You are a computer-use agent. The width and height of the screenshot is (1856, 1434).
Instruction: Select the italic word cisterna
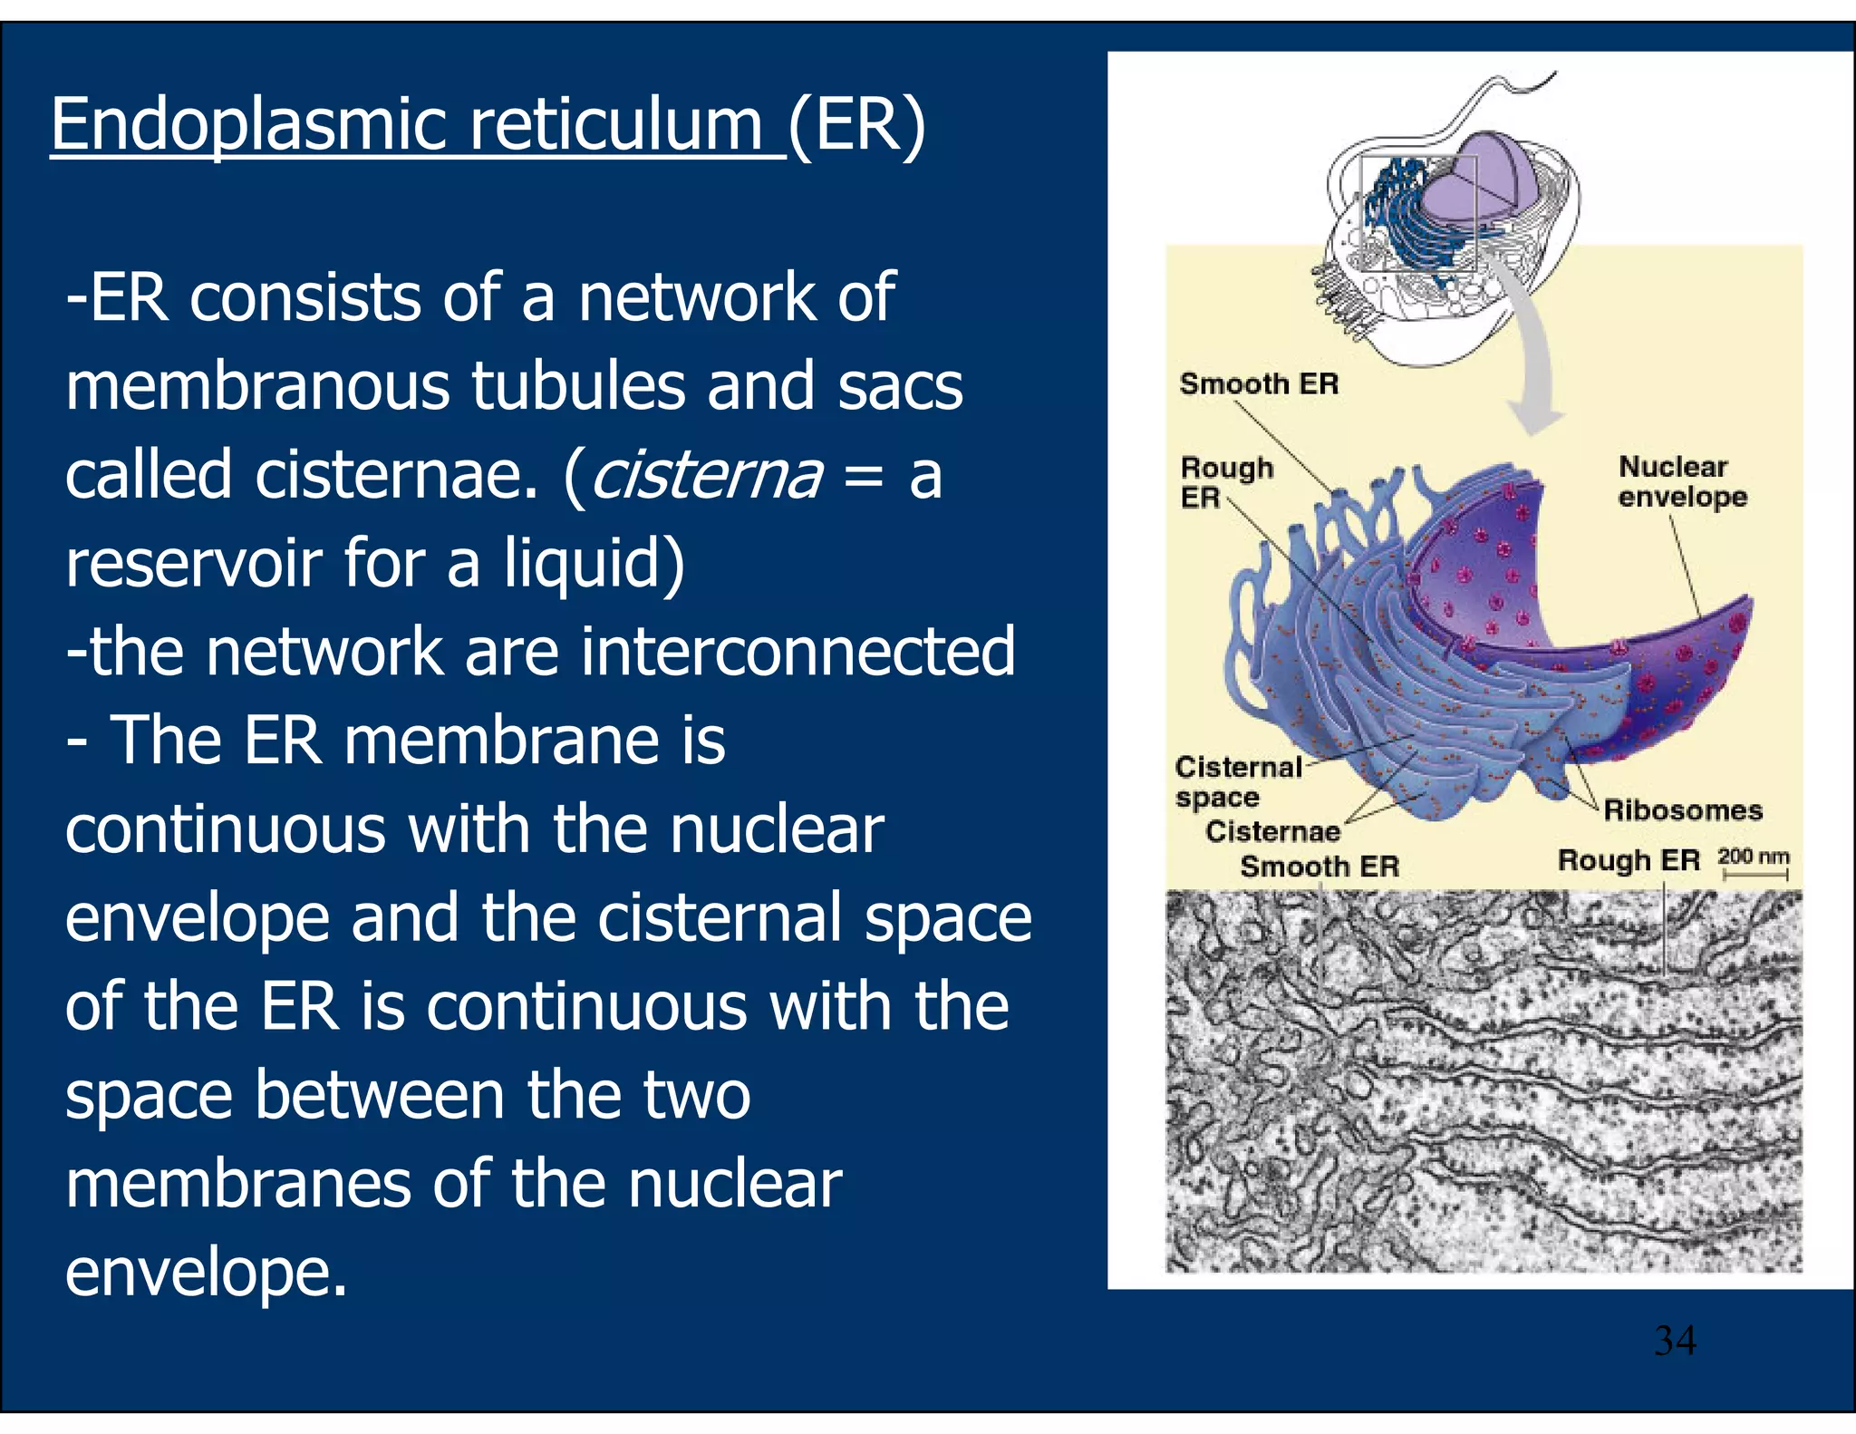tap(707, 475)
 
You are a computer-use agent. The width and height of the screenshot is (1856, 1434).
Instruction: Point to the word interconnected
tap(797, 652)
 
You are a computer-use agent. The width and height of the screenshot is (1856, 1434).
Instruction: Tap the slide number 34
tap(1675, 1340)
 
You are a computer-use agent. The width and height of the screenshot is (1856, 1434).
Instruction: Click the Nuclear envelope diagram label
tap(1681, 481)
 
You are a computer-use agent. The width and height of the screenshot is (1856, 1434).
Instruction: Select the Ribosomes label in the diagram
tap(1682, 809)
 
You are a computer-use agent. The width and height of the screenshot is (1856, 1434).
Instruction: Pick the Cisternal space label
tap(1237, 781)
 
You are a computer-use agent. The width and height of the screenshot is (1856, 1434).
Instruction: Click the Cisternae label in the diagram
tap(1271, 831)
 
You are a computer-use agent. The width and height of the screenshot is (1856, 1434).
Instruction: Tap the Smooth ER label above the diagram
tap(1259, 383)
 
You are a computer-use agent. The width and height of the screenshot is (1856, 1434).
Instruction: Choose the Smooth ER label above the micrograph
tap(1319, 867)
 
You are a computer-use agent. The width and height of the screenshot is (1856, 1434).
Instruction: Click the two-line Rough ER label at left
tap(1225, 482)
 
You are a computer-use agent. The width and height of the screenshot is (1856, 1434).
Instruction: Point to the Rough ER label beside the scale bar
tap(1629, 859)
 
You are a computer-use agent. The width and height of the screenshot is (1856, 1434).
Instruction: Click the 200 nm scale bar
tap(1754, 873)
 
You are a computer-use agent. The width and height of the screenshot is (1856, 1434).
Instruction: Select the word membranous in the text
tap(257, 386)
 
